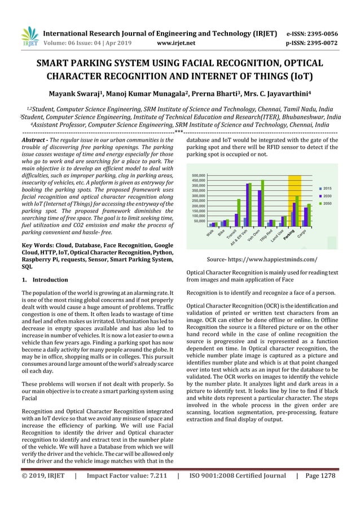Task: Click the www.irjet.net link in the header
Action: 178,41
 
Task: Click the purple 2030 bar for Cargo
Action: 306,217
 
